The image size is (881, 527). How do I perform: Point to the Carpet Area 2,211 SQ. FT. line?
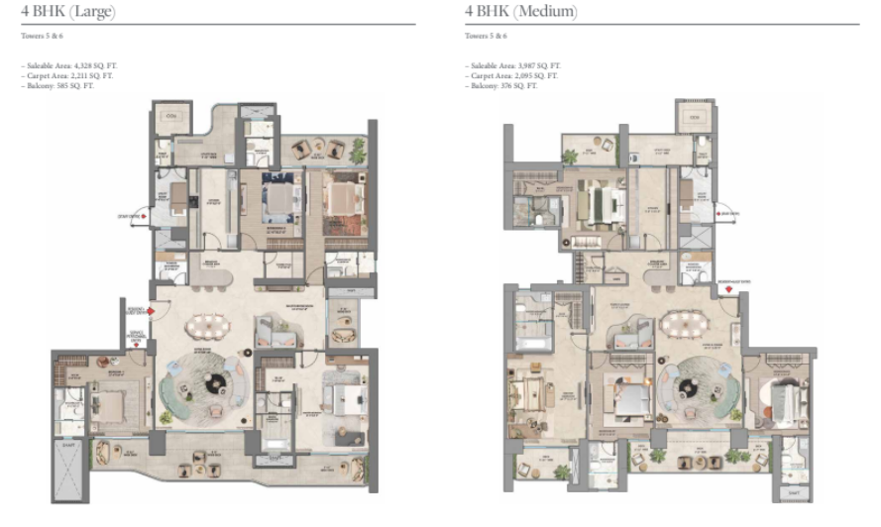[68, 75]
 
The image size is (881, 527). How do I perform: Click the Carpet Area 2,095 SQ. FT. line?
[512, 75]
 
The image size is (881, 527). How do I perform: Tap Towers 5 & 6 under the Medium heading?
[486, 36]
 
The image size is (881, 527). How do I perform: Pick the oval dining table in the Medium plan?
[685, 323]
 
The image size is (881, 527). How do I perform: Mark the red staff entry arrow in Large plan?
[146, 213]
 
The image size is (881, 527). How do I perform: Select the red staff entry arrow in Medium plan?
[719, 213]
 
